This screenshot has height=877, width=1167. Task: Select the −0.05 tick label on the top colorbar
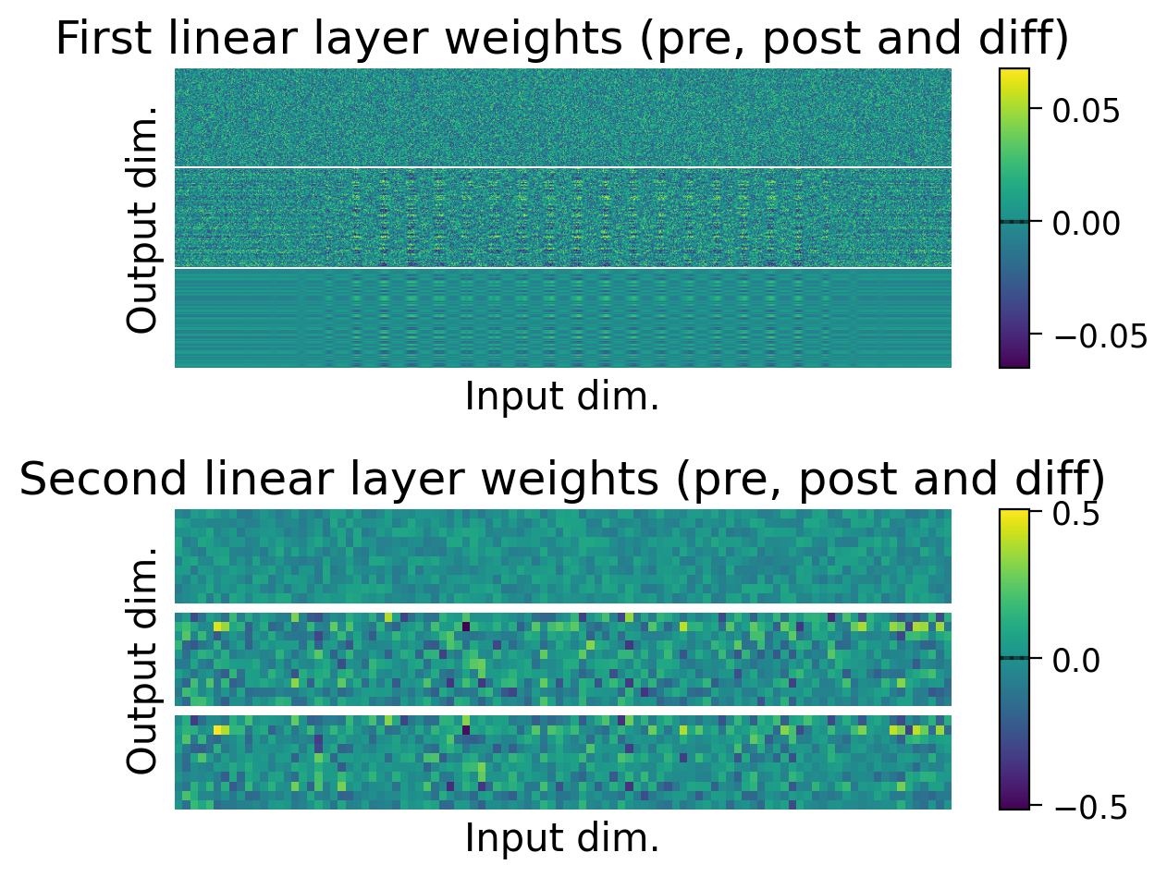pyautogui.click(x=1100, y=334)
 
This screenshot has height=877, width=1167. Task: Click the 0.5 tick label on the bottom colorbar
pyautogui.click(x=1077, y=515)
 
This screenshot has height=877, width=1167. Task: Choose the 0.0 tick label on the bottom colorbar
pyautogui.click(x=1077, y=659)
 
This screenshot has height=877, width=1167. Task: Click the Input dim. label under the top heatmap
pyautogui.click(x=562, y=396)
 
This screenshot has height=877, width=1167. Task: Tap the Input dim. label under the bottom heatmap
pyautogui.click(x=562, y=838)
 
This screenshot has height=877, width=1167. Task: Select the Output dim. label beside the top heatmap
pyautogui.click(x=143, y=219)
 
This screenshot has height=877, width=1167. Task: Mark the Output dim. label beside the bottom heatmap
pyautogui.click(x=143, y=660)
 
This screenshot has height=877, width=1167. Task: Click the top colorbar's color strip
pyautogui.click(x=1014, y=218)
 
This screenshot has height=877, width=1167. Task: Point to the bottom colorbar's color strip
pyautogui.click(x=1014, y=659)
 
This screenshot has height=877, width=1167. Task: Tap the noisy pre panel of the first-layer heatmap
pyautogui.click(x=562, y=117)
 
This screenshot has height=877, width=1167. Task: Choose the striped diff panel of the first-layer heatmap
pyautogui.click(x=562, y=318)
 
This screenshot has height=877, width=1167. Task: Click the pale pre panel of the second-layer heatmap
pyautogui.click(x=562, y=555)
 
